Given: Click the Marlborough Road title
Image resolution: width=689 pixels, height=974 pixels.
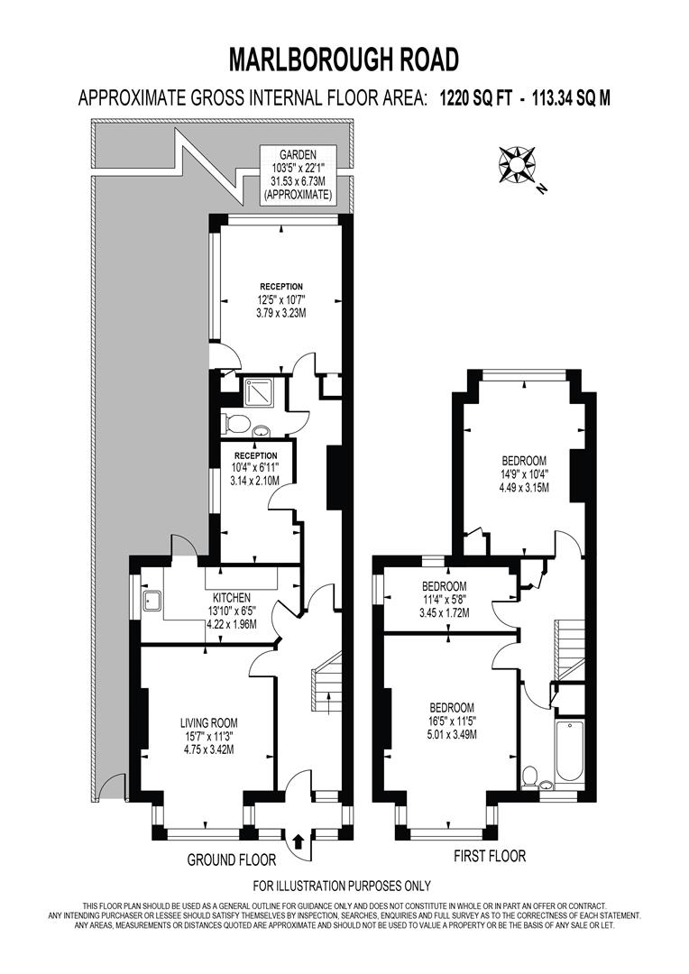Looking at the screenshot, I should pos(344,60).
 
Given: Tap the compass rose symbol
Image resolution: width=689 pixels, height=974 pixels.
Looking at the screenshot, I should pos(516,165).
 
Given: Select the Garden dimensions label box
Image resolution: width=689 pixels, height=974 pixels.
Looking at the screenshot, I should pos(297,174).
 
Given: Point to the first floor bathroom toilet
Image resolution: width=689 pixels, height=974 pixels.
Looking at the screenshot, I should pos(531,776).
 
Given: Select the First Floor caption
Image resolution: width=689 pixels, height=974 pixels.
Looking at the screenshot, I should pos(490,855).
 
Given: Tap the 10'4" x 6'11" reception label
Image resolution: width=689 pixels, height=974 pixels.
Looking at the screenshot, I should pos(255,468).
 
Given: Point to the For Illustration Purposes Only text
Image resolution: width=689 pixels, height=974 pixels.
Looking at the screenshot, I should pos(342,886).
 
